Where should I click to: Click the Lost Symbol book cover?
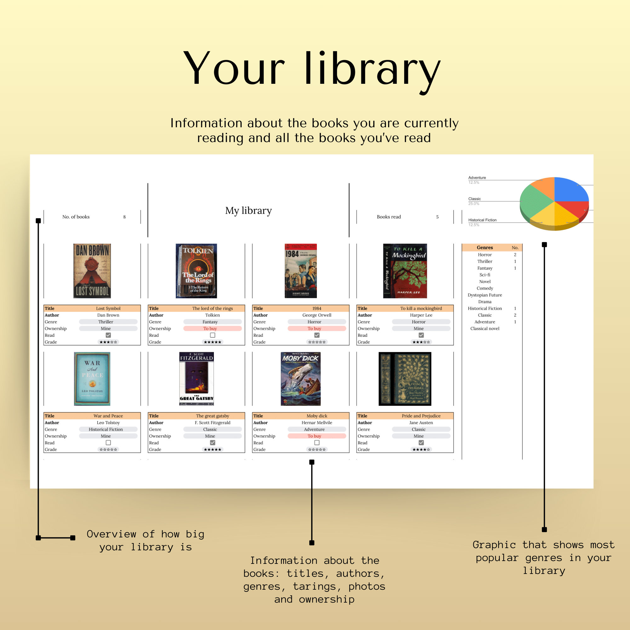92,271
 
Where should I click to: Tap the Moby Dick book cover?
301,379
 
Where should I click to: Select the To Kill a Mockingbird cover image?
405,271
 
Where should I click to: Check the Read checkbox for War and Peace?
108,443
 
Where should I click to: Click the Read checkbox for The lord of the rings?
213,335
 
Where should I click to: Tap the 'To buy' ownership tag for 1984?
314,328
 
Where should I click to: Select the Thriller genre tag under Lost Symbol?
106,322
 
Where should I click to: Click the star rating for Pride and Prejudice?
421,450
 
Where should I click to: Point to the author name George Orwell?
317,315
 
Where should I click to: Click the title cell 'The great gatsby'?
213,416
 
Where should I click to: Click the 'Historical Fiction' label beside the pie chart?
482,220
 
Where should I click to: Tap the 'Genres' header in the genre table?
484,248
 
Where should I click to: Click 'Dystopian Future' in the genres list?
484,295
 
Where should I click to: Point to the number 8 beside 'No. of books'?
124,217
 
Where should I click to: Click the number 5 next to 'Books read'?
437,217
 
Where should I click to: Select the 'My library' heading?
249,211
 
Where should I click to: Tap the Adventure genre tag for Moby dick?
314,429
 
